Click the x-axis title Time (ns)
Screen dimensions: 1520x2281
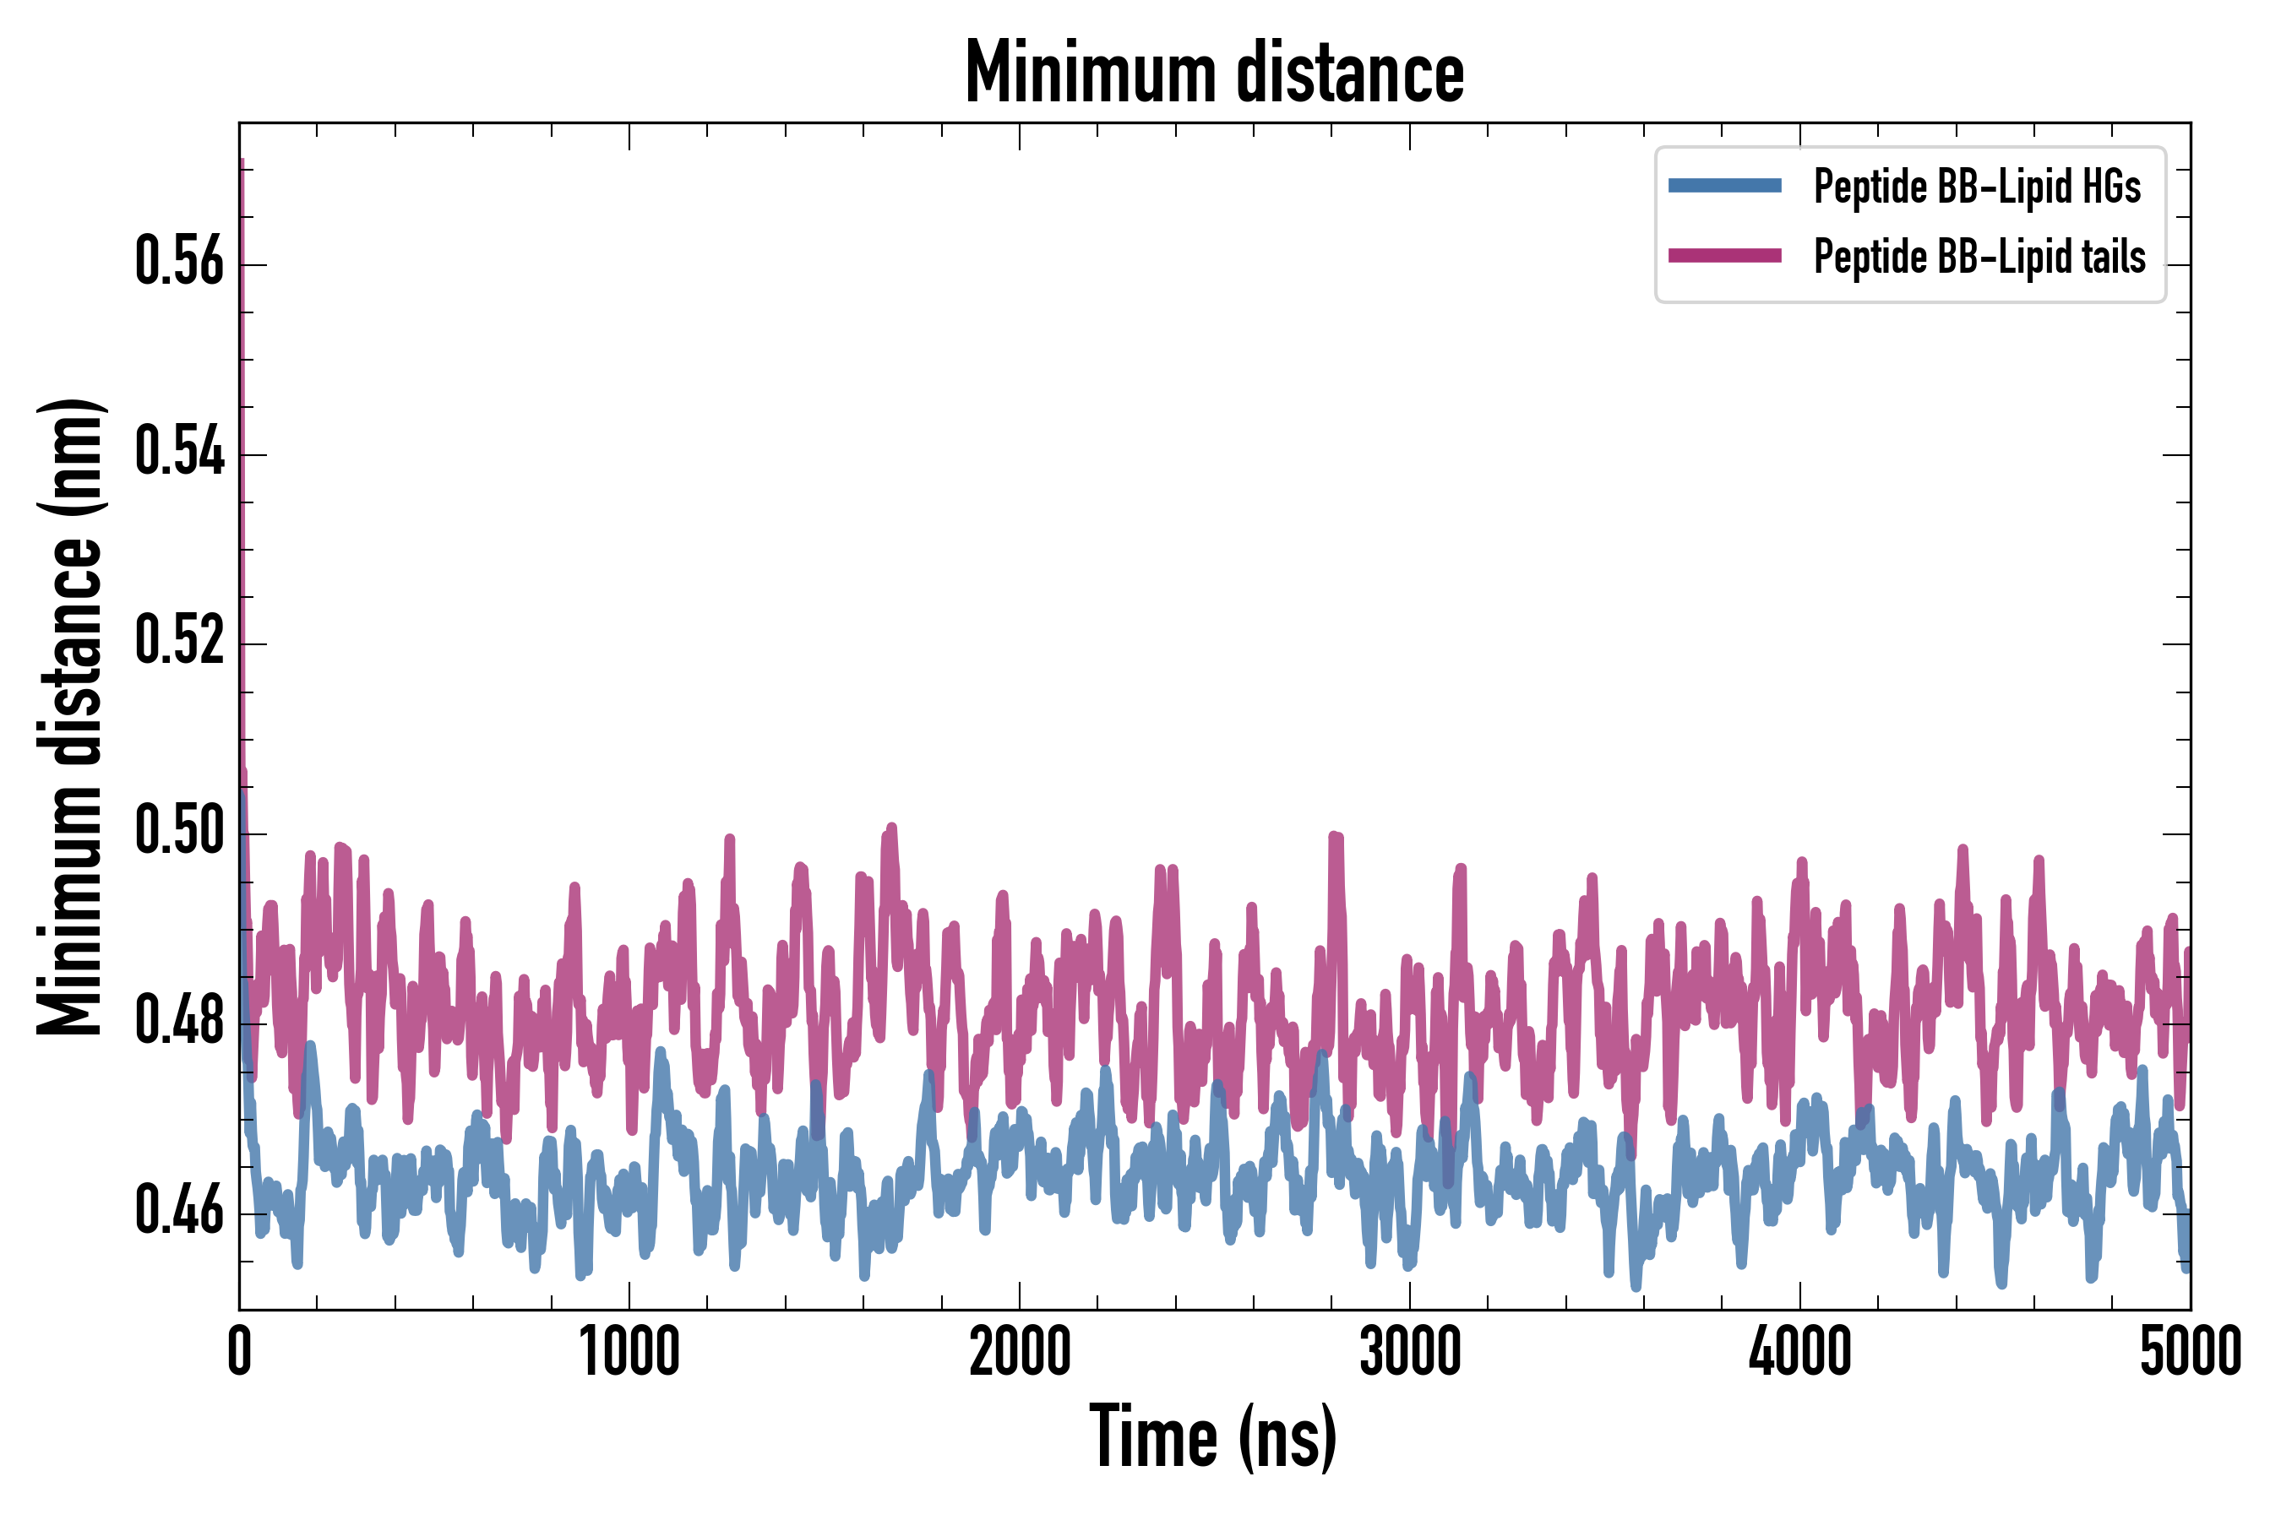click(1213, 1437)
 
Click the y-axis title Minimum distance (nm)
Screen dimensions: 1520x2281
click(70, 717)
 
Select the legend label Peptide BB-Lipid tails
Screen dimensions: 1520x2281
click(1979, 257)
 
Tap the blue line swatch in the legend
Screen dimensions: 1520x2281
click(1724, 186)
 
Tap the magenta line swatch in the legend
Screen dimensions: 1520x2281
click(1724, 256)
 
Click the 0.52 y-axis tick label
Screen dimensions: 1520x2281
click(179, 642)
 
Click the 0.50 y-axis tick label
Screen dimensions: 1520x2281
click(179, 832)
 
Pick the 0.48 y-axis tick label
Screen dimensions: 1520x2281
click(179, 1022)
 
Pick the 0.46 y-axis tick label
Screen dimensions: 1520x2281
click(179, 1212)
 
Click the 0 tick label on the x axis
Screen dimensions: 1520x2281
click(240, 1352)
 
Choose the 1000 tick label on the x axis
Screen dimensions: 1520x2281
click(629, 1352)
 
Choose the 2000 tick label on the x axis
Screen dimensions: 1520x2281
click(1020, 1352)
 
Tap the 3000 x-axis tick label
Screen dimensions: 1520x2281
click(1409, 1352)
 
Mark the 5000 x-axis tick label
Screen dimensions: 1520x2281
click(2190, 1352)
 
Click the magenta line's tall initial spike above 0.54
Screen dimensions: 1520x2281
click(242, 339)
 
